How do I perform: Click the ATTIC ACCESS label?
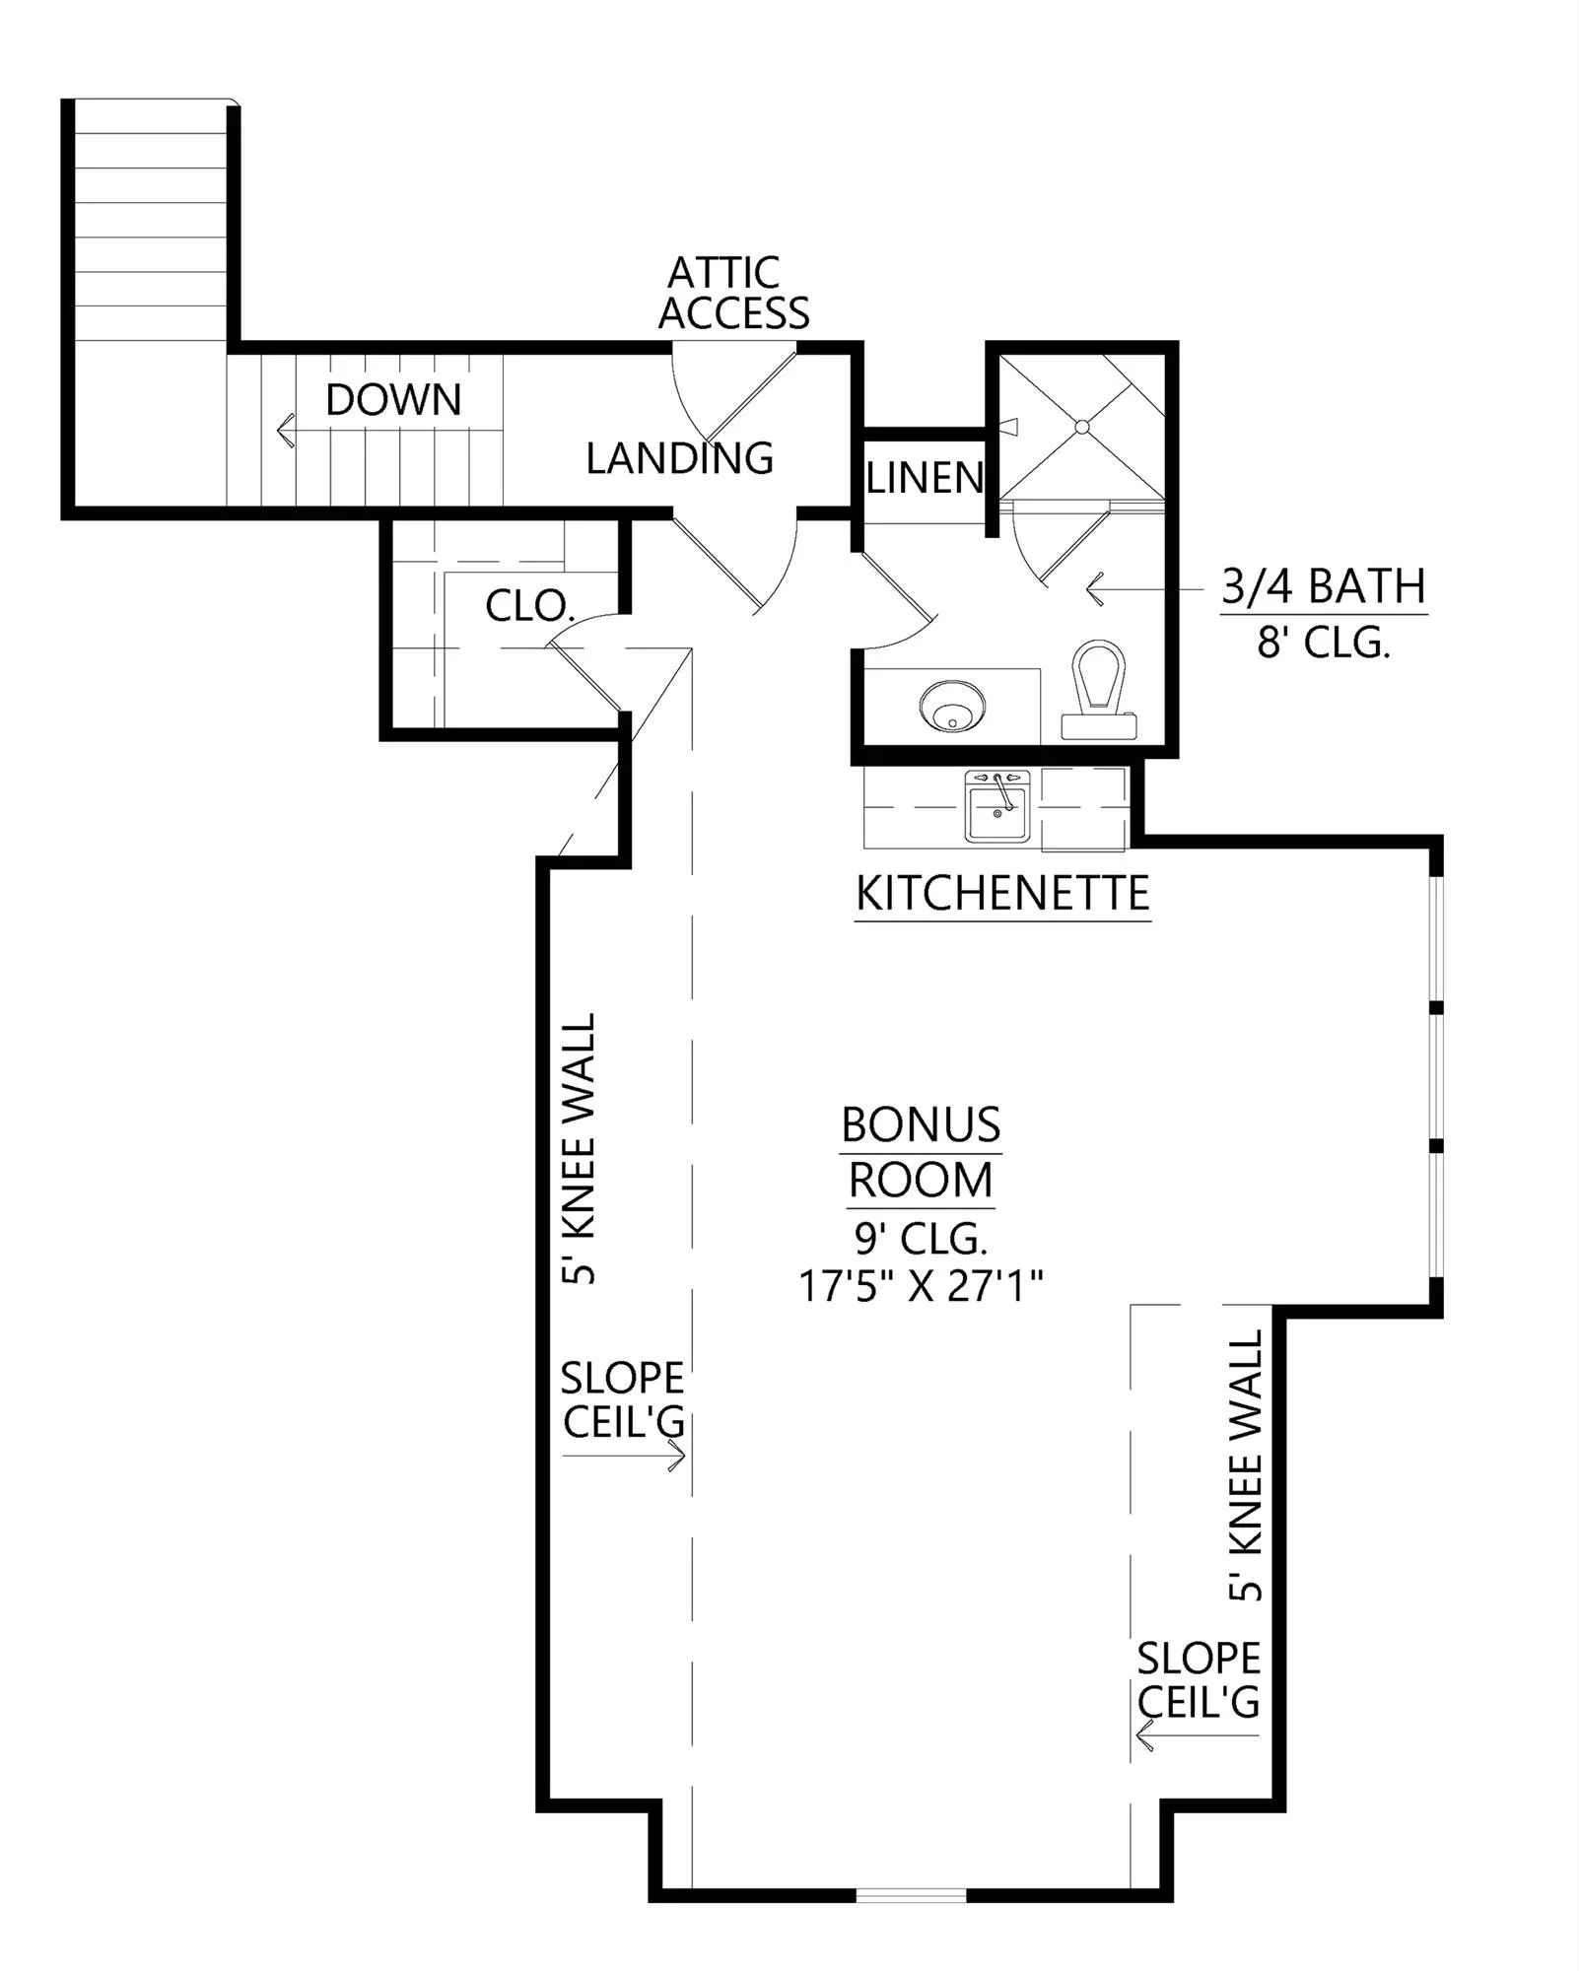733,293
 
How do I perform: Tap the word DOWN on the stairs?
393,400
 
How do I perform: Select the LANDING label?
680,458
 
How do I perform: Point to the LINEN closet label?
925,478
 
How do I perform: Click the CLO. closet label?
530,605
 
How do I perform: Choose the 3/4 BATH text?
1324,587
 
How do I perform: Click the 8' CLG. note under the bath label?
1324,644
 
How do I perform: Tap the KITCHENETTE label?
1002,894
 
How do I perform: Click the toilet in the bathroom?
1099,689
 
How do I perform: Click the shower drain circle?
1081,427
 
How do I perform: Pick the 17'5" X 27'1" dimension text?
921,1286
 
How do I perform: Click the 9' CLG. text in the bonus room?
921,1237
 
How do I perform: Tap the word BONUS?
921,1124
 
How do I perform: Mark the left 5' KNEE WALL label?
579,1148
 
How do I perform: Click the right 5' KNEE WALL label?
1245,1465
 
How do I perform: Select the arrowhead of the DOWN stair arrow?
286,430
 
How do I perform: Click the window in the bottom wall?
911,1895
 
